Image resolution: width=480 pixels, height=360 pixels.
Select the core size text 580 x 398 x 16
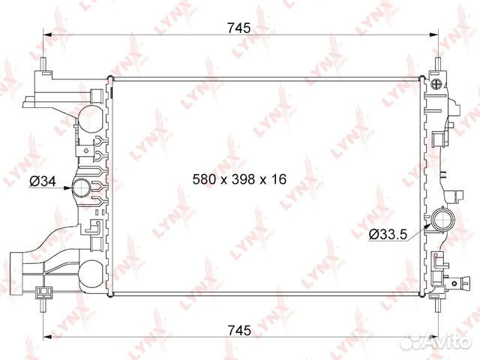(240, 179)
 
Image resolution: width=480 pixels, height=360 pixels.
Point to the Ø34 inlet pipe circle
(82, 187)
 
